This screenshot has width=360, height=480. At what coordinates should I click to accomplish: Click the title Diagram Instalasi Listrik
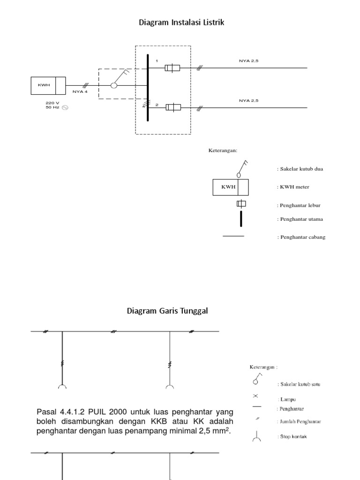181,22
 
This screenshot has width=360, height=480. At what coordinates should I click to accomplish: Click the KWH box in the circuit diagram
48,85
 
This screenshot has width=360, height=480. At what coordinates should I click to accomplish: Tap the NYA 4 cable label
80,91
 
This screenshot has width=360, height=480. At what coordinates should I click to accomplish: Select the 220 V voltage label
52,102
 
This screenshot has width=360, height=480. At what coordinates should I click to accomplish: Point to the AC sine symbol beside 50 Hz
65,107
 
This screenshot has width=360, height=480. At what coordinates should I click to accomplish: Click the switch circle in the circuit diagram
113,85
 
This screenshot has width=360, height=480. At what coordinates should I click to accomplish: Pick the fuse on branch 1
172,68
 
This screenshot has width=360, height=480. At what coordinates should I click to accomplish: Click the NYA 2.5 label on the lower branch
248,100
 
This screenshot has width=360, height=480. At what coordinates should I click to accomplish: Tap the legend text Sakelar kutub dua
300,169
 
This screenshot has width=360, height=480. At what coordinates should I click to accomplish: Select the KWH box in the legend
231,187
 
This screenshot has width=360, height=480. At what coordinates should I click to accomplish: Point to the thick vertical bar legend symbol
241,219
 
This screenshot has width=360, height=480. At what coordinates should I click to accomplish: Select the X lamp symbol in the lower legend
255,396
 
